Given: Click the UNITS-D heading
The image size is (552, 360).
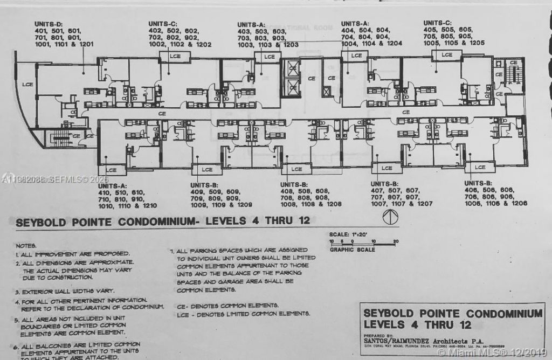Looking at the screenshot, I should point(49,24).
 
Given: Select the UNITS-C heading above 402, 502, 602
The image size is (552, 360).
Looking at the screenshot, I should point(163,23).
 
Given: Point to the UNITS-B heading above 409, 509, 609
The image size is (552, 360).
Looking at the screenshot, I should point(204,185).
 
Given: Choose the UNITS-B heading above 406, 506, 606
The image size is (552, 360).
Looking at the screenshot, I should point(479,183).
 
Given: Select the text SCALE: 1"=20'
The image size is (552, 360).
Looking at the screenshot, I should point(350,234).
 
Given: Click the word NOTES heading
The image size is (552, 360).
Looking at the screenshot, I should point(26,245).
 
